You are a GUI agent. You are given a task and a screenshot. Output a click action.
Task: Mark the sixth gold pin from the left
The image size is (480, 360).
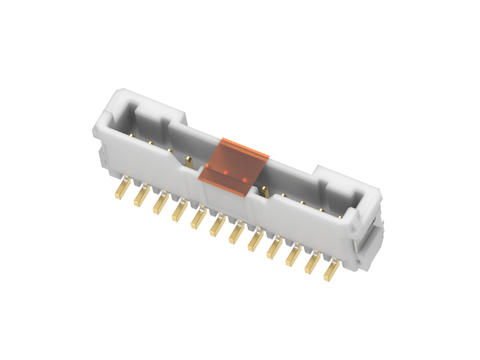coord(216,227)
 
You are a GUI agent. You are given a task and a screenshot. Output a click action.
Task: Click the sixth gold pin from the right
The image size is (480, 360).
coord(235,235)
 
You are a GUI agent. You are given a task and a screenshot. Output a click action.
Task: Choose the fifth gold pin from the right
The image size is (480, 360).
coord(254,243)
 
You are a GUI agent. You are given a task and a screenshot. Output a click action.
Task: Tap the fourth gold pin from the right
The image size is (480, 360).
coord(273,251)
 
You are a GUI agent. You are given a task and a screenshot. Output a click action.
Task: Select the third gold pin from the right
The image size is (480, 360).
coord(292,258)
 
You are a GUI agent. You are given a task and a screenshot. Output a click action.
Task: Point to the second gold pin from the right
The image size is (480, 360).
coord(311,264)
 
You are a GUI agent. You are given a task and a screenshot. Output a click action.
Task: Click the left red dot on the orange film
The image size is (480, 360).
coord(225,171)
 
